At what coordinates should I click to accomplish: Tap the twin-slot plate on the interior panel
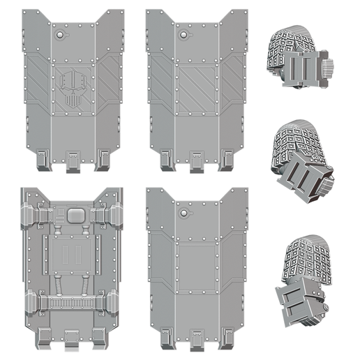[x=70, y=253]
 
